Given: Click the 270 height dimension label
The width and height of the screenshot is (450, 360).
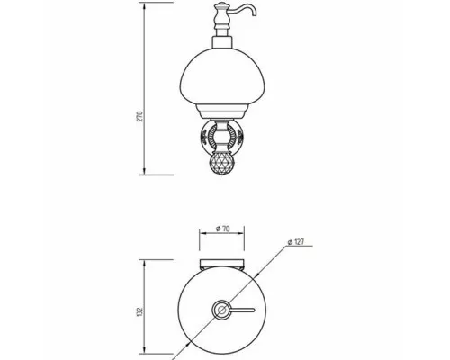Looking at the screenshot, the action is (140, 116).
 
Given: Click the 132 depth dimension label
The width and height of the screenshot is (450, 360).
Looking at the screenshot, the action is (140, 312).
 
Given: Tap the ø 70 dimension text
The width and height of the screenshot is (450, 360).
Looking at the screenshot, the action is (222, 229).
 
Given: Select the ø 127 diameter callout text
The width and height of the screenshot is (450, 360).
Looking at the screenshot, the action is (296, 242).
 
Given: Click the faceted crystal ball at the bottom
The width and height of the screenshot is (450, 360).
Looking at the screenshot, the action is (222, 164).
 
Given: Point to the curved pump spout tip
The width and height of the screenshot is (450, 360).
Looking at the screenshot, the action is (255, 13).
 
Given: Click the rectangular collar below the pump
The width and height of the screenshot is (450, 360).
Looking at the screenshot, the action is (222, 42).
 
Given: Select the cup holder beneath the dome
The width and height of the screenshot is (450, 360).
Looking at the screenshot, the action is (222, 111).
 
